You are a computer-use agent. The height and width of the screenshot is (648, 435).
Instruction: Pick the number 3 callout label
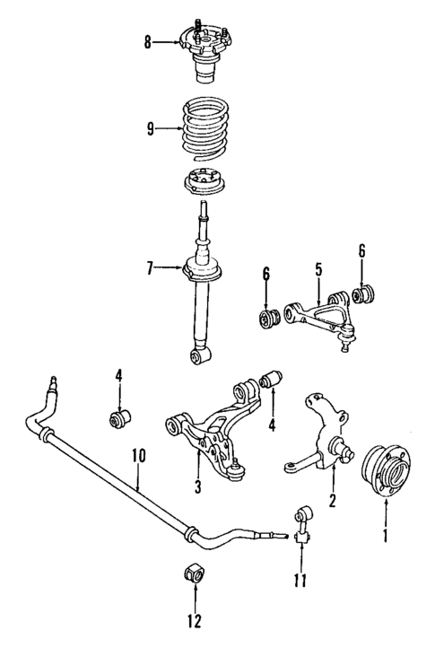point(197,487)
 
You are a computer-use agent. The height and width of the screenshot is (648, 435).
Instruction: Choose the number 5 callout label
point(317,267)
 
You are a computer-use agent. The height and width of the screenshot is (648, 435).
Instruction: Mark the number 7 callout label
point(152,266)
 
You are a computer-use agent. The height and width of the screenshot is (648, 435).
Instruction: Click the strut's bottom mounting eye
point(202,357)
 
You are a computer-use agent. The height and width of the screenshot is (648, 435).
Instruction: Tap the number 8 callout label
point(150,40)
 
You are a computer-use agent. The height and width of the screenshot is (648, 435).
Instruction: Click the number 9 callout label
point(150,128)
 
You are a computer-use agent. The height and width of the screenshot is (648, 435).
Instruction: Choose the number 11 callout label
point(300,582)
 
